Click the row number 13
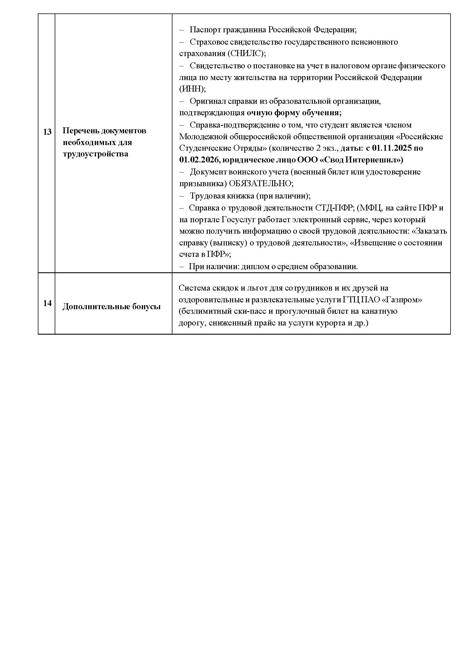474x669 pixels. [47, 132]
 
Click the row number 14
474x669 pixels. [47, 303]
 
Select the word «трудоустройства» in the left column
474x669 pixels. [95, 154]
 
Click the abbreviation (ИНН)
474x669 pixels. [192, 89]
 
